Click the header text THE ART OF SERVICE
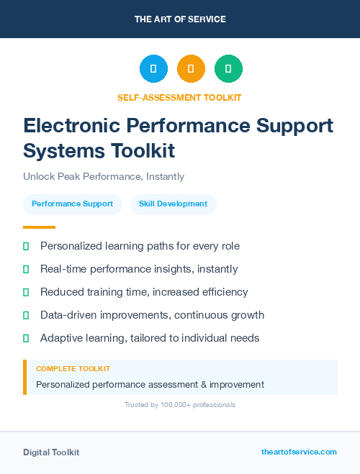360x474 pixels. coord(180,19)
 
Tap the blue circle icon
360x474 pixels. coord(153,69)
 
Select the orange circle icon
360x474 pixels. coord(191,69)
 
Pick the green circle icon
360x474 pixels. coord(228,69)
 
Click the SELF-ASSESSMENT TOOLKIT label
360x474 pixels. coord(179,97)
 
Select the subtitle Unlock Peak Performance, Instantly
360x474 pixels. coord(104,176)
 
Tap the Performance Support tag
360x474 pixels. coord(72,204)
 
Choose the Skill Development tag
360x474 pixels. coord(173,204)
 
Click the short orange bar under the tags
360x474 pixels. coord(39,227)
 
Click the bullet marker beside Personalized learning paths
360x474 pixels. coord(26,246)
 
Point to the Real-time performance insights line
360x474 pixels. coord(139,269)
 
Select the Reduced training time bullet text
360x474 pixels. coord(144,292)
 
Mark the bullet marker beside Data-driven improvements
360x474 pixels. coord(26,315)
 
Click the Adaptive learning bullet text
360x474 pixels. coord(150,338)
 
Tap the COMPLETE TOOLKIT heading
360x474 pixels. coord(73,368)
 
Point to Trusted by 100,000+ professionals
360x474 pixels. coord(180,405)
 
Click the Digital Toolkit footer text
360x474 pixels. coord(51,452)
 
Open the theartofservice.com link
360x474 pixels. coord(299,452)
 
